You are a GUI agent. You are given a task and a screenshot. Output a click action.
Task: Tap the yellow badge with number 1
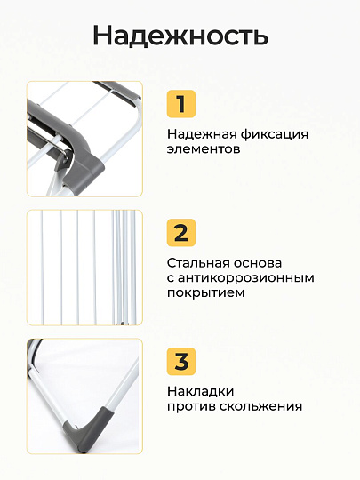181,105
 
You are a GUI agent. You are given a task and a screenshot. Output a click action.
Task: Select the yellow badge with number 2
181,233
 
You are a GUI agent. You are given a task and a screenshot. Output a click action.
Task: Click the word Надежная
201,134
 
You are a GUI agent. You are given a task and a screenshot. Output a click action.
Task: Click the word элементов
204,150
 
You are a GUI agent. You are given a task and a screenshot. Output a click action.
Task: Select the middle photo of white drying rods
84,267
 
